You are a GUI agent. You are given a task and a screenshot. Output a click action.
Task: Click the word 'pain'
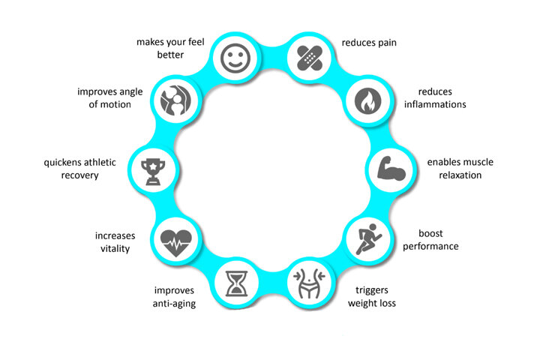405,43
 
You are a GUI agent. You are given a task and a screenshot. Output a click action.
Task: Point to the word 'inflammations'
436,104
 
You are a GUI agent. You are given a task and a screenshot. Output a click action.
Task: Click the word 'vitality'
112,248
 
